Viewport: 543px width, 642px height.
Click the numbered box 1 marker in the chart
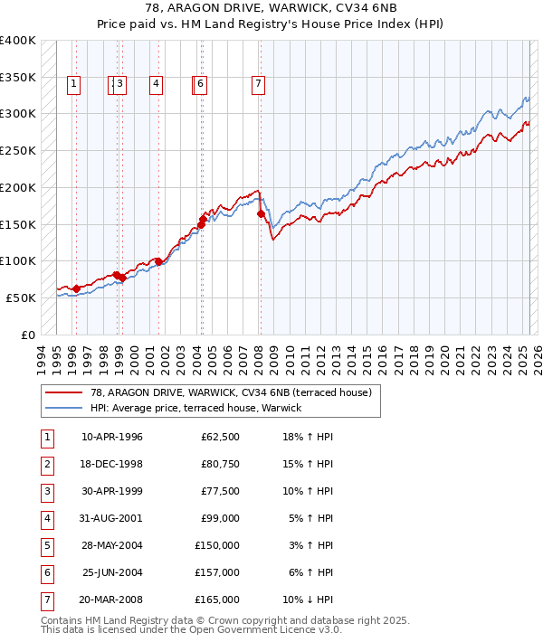click(73, 85)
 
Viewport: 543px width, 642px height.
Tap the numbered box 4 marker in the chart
click(157, 85)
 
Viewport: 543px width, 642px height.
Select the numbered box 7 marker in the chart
click(259, 85)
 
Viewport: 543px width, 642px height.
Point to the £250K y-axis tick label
click(18, 151)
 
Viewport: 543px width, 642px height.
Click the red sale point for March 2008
click(261, 214)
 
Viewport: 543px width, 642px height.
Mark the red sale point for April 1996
click(76, 288)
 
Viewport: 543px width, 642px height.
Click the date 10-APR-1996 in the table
click(112, 438)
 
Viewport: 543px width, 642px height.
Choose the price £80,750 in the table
click(219, 465)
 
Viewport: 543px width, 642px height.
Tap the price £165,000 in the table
click(217, 600)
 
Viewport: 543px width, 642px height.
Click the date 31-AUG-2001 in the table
click(112, 519)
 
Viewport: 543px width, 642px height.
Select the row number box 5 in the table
click(46, 546)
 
